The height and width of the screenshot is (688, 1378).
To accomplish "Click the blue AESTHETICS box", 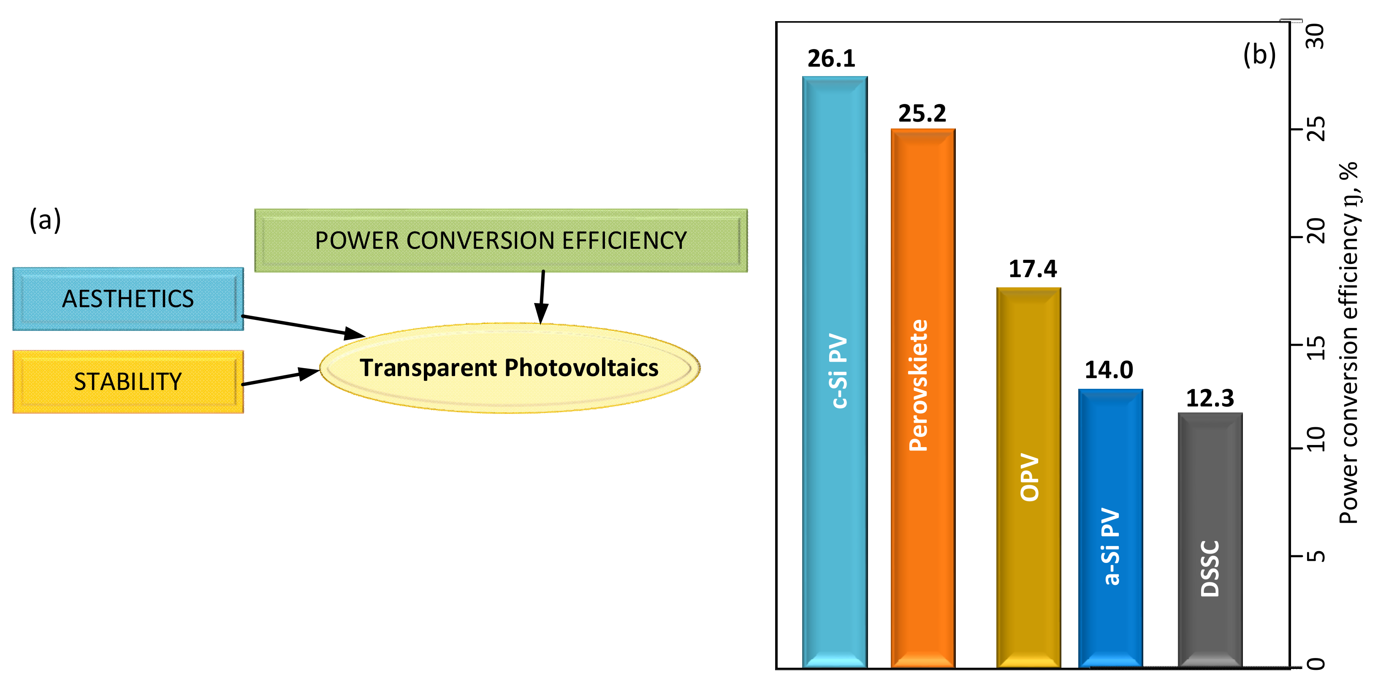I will pyautogui.click(x=128, y=299).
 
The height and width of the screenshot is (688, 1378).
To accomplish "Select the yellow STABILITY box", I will pyautogui.click(x=128, y=382).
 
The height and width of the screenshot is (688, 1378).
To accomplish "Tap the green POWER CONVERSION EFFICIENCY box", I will pyautogui.click(x=501, y=240).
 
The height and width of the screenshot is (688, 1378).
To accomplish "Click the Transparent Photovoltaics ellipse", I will pyautogui.click(x=509, y=368).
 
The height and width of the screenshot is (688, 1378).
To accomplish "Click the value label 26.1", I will pyautogui.click(x=831, y=58).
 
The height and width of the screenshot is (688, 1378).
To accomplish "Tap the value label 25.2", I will pyautogui.click(x=922, y=113).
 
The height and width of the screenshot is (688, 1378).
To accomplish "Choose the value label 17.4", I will pyautogui.click(x=1032, y=269).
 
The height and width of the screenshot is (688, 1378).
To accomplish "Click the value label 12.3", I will pyautogui.click(x=1210, y=399).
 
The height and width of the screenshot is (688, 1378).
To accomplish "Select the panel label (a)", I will pyautogui.click(x=46, y=219).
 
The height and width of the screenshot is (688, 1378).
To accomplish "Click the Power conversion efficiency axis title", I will pyautogui.click(x=1349, y=343).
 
